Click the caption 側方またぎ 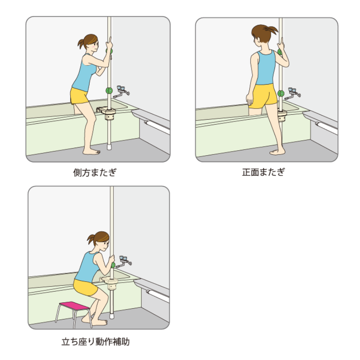(95, 172)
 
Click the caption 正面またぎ (264, 172)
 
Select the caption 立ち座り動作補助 (95, 342)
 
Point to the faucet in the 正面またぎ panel (293, 94)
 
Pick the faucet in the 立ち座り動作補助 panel (124, 262)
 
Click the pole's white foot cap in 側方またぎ (109, 147)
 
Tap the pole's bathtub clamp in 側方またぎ (107, 113)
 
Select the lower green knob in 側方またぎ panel (109, 90)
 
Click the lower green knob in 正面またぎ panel (281, 94)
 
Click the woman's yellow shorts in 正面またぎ (263, 95)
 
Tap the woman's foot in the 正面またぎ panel (277, 152)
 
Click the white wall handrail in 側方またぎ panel (157, 127)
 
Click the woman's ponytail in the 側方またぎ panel (81, 44)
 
